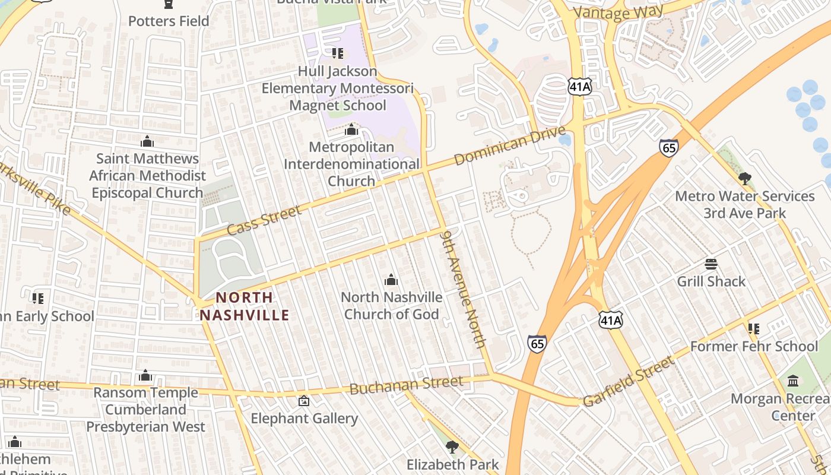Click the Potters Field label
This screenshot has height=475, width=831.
169,21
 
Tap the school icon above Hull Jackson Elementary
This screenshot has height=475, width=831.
338,54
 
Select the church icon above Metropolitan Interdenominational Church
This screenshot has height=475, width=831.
351,129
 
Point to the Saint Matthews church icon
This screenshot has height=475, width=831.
147,141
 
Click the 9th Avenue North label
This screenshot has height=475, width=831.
464,289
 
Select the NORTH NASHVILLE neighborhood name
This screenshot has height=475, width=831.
245,306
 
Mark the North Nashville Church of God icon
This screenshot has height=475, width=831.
391,280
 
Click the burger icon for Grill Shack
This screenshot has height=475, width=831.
711,264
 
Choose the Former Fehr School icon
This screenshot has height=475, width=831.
754,328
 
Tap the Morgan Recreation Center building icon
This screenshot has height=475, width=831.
793,381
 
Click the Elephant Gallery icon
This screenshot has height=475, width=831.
304,401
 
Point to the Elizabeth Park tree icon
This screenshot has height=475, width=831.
452,446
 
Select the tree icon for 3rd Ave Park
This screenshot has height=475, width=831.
744,178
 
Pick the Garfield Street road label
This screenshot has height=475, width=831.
629,381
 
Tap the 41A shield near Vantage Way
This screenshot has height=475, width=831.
579,87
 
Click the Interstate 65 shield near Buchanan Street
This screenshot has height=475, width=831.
537,344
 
